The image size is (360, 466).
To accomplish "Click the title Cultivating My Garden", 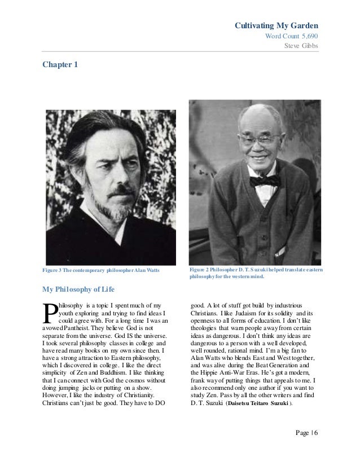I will point(276,26).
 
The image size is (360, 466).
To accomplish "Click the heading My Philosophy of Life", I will point(79,291).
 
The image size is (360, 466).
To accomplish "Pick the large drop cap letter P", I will point(49,315).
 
